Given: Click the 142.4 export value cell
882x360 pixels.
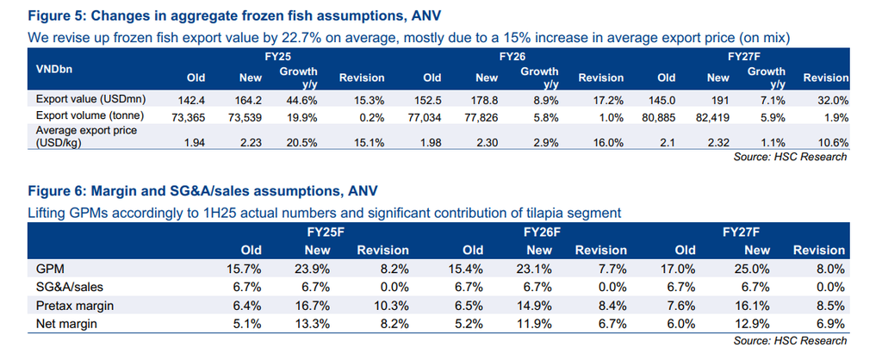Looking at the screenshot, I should point(198,100).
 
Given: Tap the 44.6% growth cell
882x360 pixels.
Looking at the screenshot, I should point(301,100).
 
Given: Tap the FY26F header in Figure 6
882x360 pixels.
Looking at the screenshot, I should point(543,232).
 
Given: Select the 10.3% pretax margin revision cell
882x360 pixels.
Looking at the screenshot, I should point(391,305).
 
